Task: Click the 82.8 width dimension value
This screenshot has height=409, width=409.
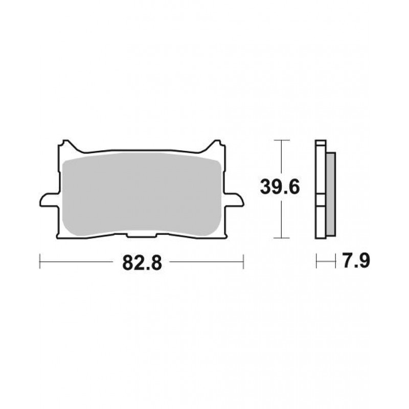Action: pyautogui.click(x=142, y=263)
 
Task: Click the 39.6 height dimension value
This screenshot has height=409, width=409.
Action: pyautogui.click(x=280, y=187)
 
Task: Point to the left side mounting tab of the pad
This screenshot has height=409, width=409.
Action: pyautogui.click(x=49, y=199)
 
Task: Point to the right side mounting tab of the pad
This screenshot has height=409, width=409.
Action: pyautogui.click(x=234, y=199)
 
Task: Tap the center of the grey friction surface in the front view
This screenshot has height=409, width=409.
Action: pyautogui.click(x=142, y=194)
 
